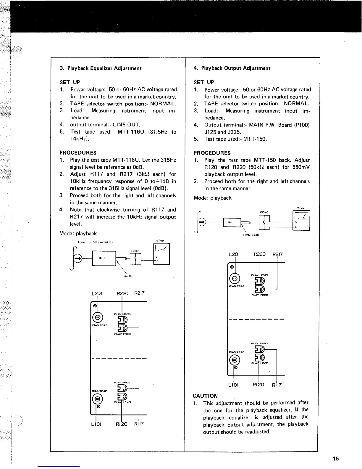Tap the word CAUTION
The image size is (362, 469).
(x=205, y=396)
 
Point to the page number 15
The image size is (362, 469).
(x=335, y=459)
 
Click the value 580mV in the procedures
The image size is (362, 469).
(x=300, y=167)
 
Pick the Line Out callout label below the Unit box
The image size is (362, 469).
(x=128, y=276)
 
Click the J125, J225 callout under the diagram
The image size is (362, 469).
(x=251, y=235)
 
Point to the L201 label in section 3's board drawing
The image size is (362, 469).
(x=97, y=294)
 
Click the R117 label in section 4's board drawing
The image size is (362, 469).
(x=277, y=385)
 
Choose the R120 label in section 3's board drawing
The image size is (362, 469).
(x=121, y=424)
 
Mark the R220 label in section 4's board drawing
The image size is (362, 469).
(x=260, y=254)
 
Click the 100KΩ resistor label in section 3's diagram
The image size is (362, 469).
(x=135, y=251)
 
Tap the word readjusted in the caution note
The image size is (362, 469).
(x=256, y=432)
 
